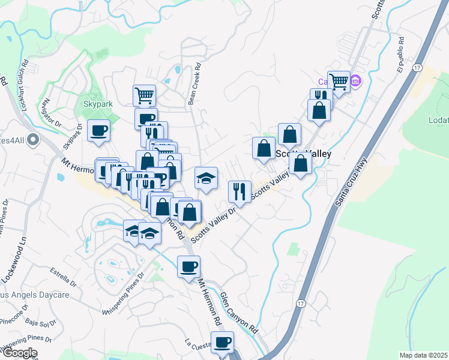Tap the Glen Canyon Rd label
(x=238, y=314)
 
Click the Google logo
(x=19, y=353)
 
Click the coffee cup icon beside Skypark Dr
(x=99, y=130)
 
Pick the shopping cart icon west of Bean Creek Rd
(x=144, y=94)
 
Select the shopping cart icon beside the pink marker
(x=339, y=81)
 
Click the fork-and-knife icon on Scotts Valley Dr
(x=240, y=191)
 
